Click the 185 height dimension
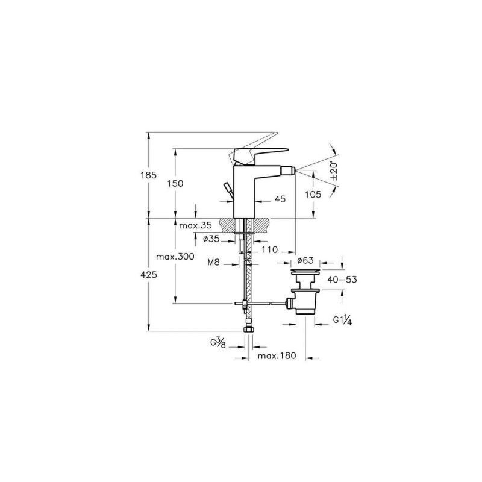[149, 175]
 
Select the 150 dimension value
[175, 184]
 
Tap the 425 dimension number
[149, 275]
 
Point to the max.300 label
[175, 257]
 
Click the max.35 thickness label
[195, 225]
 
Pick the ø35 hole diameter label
[211, 239]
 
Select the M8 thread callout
[214, 262]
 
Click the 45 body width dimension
[280, 199]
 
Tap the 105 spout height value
[313, 194]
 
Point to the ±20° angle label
[334, 171]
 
